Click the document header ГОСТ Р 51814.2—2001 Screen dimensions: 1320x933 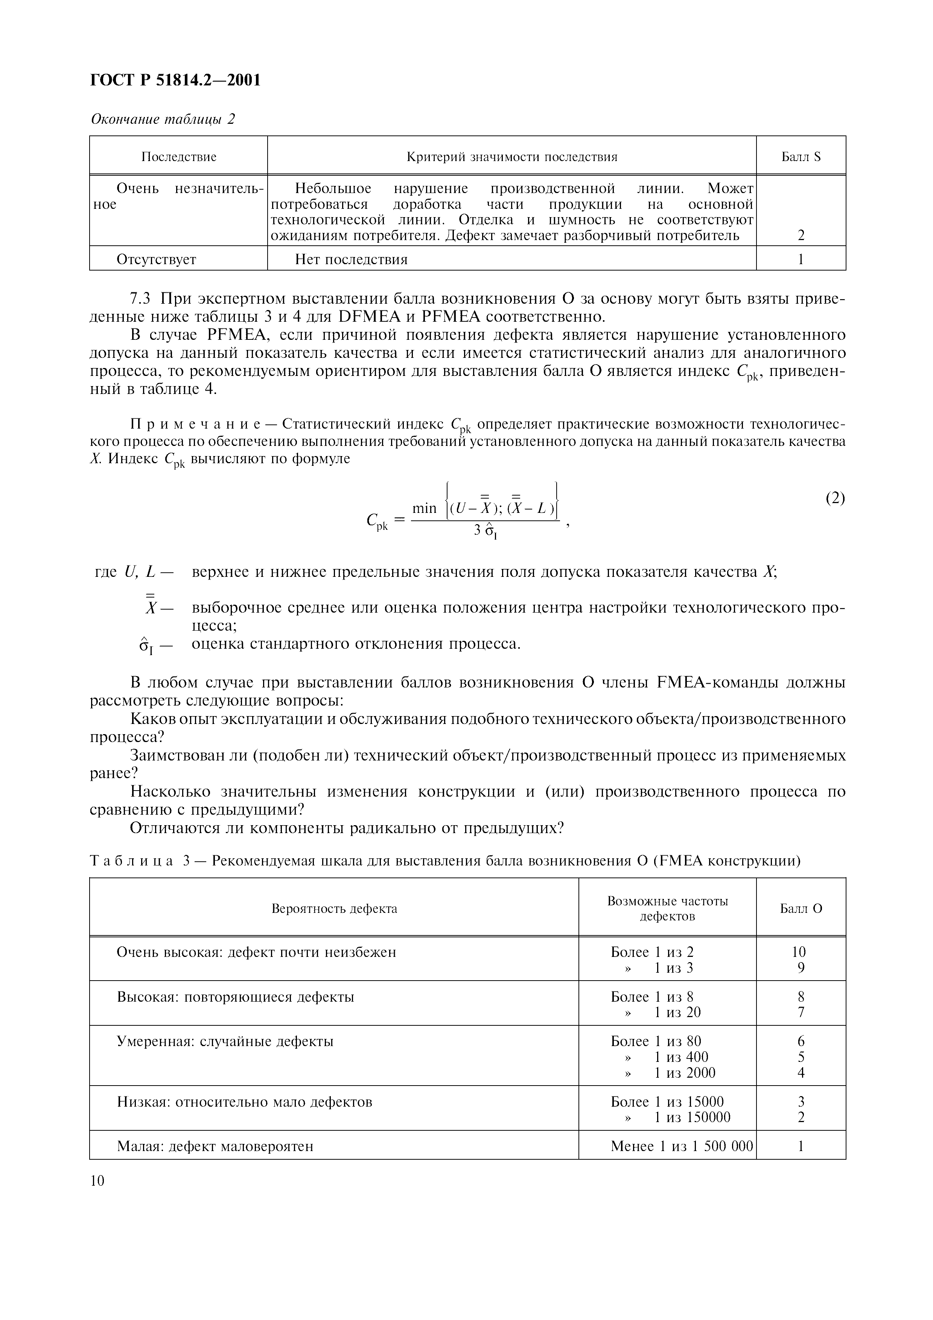tap(175, 81)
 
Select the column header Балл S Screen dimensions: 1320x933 tap(801, 157)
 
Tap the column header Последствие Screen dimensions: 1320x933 tap(179, 157)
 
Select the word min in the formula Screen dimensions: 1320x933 tap(424, 508)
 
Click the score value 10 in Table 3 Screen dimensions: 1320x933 tap(799, 952)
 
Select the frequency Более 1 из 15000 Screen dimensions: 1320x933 tap(667, 1101)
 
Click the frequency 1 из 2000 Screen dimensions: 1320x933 tap(684, 1073)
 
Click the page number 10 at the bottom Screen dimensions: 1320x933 tap(98, 1181)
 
